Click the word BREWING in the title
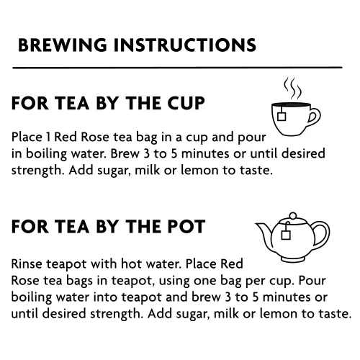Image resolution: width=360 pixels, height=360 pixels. pos(63,45)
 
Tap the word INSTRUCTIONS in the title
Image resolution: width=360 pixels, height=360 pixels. pos(185,45)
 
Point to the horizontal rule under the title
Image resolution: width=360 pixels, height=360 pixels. pos(177,68)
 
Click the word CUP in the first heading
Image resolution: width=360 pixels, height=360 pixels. pos(186,103)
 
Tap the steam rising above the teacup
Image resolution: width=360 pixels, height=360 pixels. pos(292,89)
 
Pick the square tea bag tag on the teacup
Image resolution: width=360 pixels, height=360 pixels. pos(282,117)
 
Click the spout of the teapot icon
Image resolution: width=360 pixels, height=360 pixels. pos(264,232)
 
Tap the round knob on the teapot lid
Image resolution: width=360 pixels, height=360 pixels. pos(293,216)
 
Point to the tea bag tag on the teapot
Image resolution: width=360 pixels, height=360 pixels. pos(286,235)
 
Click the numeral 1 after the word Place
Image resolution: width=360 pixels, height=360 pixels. pos(48,138)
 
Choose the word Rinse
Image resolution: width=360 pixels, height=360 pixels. pos(27,264)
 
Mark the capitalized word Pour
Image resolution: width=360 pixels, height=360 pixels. pos(312,281)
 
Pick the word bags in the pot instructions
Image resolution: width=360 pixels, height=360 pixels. pos(79,282)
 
